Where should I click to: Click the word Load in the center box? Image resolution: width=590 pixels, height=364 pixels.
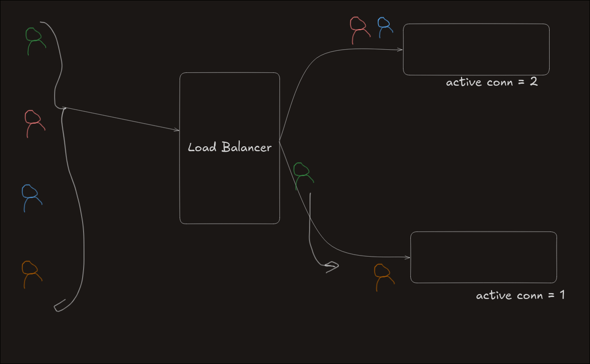(x=202, y=147)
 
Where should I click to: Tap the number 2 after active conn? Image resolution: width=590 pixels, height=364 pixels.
(x=533, y=82)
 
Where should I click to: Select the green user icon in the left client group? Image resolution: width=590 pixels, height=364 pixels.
(x=34, y=40)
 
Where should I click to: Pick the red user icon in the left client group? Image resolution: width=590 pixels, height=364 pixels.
(x=33, y=123)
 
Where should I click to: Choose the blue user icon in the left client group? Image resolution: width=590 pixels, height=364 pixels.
(x=31, y=197)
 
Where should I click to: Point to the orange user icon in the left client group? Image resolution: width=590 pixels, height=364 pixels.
(x=31, y=273)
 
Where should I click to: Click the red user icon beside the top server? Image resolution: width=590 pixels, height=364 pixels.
(x=359, y=30)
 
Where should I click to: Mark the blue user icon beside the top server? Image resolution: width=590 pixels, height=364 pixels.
(x=384, y=27)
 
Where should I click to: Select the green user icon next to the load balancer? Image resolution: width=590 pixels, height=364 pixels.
(x=302, y=175)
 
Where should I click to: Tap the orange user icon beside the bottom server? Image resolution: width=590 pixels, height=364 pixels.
(x=383, y=276)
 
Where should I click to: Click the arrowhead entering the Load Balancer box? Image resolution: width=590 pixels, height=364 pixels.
(x=177, y=130)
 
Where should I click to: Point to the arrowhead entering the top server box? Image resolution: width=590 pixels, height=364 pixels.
(x=401, y=50)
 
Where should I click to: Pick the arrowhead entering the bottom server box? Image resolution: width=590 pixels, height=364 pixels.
(x=408, y=258)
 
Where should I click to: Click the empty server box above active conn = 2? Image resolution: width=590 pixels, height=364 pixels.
(x=476, y=49)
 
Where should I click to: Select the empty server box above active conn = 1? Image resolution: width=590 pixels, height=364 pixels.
(x=483, y=257)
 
